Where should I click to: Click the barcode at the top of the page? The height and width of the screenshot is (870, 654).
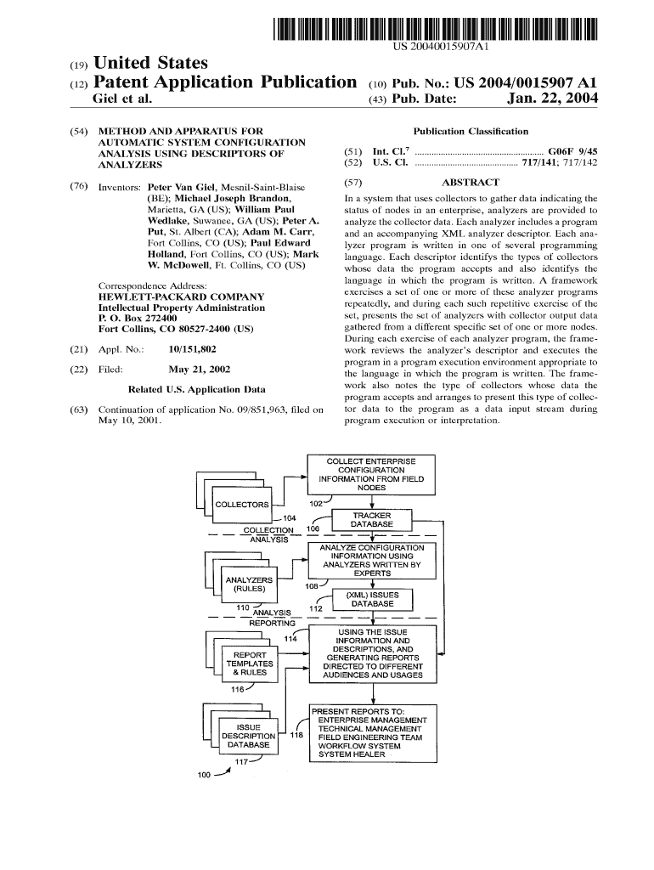434,28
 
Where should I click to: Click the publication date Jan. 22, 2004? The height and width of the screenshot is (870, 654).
552,100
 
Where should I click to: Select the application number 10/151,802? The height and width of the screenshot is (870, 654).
193,349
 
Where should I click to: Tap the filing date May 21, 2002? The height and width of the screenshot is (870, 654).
200,370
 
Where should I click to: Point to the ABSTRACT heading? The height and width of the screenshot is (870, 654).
471,182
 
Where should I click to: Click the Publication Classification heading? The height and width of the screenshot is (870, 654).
470,131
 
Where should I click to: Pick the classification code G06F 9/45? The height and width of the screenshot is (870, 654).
574,149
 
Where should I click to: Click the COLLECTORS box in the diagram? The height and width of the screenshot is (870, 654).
242,505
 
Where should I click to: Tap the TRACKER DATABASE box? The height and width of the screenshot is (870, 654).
371,520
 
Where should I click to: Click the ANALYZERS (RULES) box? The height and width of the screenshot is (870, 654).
249,585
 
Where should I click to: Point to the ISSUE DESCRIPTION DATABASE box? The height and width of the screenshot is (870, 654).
248,736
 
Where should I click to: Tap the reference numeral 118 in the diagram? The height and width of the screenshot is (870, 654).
296,735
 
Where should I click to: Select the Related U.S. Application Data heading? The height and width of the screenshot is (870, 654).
196,390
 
